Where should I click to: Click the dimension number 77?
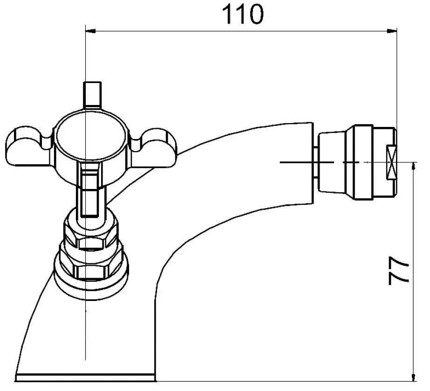pos(399,271)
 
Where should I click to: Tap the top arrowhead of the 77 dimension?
pos(413,166)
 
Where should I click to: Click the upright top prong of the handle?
pos(92,95)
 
